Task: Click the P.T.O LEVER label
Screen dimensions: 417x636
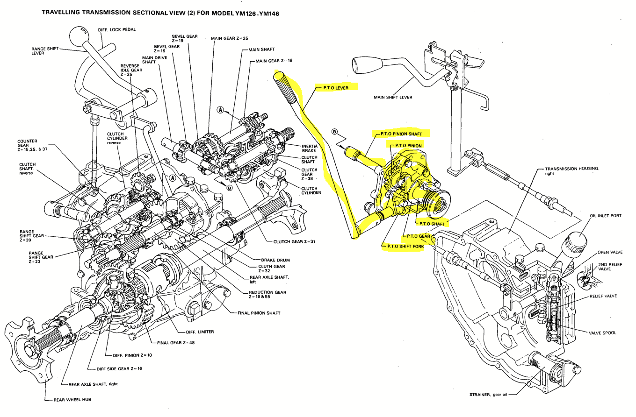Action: point(336,87)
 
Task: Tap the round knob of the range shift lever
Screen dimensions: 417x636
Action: point(79,35)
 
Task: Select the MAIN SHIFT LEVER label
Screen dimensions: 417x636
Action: point(393,98)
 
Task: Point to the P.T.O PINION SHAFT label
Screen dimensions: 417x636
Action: point(401,134)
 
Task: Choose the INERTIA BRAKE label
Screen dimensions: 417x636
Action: point(309,149)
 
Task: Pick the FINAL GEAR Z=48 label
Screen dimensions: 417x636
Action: point(176,343)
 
